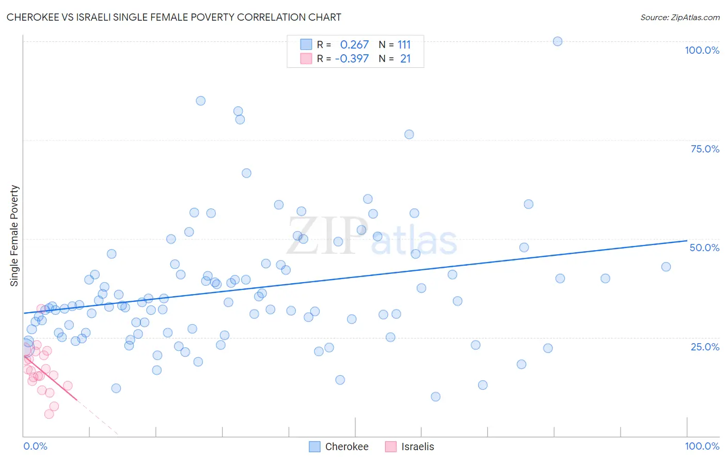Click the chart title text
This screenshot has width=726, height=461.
point(173,17)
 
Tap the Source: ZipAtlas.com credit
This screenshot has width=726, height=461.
point(680,17)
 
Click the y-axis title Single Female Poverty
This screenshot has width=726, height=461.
point(14,236)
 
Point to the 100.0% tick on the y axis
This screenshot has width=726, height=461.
point(702,50)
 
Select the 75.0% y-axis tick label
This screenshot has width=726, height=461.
point(705,149)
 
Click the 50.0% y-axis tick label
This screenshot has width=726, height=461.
point(704,248)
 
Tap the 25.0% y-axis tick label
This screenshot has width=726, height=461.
point(705,347)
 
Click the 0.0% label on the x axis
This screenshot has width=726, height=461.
point(35,446)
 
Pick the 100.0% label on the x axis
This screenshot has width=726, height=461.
point(702,446)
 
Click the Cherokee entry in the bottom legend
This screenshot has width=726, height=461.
point(339,447)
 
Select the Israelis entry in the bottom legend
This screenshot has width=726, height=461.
point(410,447)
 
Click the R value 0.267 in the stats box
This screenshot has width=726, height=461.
point(354,45)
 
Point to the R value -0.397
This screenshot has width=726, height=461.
point(352,59)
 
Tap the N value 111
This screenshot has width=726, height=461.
point(404,45)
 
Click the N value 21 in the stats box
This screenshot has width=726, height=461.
point(405,59)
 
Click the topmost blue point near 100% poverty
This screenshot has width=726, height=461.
point(558,41)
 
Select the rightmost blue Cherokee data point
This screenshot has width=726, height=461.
point(666,267)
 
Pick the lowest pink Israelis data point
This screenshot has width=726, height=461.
point(49,414)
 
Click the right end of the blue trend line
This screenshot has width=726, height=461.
point(687,240)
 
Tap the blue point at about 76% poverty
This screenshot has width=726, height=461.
point(409,134)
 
